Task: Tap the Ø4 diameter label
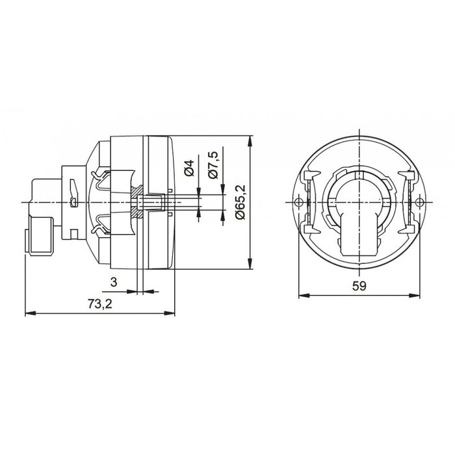[x=189, y=171]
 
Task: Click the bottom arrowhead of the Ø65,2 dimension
[x=251, y=265]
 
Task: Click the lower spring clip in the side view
[x=104, y=229]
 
